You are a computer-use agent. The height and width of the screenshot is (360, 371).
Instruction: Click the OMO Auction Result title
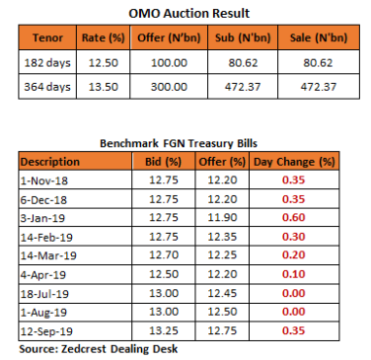click(x=188, y=14)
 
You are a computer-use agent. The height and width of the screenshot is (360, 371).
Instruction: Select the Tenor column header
click(x=47, y=37)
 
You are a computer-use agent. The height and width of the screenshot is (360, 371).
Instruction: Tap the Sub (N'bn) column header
click(x=243, y=37)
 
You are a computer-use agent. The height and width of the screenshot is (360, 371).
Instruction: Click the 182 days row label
click(x=47, y=62)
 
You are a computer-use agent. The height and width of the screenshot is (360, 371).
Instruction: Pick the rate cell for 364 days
click(x=104, y=87)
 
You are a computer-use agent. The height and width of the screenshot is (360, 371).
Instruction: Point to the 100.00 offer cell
click(x=169, y=62)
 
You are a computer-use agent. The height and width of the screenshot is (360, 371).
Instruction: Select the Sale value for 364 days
click(x=319, y=87)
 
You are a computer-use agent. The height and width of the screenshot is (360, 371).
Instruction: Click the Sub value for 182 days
click(x=243, y=62)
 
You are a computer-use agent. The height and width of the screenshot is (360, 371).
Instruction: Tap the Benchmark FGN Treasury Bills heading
click(x=179, y=143)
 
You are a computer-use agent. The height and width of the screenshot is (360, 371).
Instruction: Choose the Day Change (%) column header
click(x=294, y=162)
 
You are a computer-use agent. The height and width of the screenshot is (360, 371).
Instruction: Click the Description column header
click(x=50, y=162)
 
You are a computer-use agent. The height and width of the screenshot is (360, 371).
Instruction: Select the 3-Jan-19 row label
click(x=42, y=218)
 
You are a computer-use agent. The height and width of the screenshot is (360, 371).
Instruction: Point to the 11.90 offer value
click(x=222, y=217)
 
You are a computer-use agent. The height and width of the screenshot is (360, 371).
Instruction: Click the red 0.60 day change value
click(x=294, y=217)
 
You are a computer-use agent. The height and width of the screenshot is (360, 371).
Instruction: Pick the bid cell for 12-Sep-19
click(x=164, y=330)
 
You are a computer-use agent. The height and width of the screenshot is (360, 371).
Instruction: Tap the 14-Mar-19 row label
click(x=48, y=255)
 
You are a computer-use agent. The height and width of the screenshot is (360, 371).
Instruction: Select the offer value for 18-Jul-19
click(x=222, y=293)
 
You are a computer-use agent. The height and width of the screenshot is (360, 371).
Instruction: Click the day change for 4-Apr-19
click(x=294, y=274)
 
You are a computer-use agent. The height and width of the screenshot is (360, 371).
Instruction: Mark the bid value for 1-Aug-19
click(x=164, y=312)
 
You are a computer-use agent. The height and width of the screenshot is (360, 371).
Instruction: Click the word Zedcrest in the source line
click(x=84, y=349)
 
